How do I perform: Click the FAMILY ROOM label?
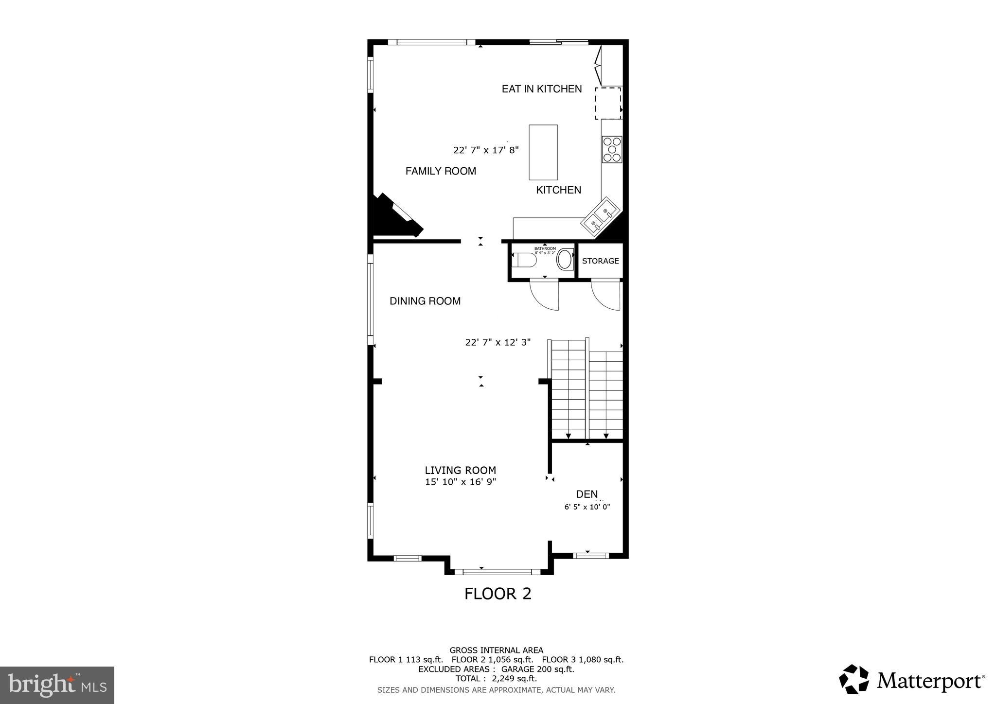[x=441, y=171]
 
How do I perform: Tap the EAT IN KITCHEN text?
[x=542, y=89]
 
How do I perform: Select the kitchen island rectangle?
[x=543, y=152]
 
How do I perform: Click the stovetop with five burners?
[x=612, y=149]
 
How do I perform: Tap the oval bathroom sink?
[x=565, y=260]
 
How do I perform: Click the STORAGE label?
[x=600, y=261]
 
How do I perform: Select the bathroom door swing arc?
[x=545, y=296]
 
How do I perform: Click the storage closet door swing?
[x=606, y=296]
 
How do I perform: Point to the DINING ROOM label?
[x=425, y=301]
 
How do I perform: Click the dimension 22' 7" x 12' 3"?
[x=498, y=342]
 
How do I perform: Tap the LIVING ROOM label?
[x=460, y=470]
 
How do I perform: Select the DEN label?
[x=587, y=494]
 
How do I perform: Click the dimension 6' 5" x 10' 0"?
[x=587, y=507]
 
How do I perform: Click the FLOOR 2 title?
[x=498, y=594]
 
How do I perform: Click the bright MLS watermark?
[x=57, y=685]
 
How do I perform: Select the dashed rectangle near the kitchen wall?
[x=608, y=103]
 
